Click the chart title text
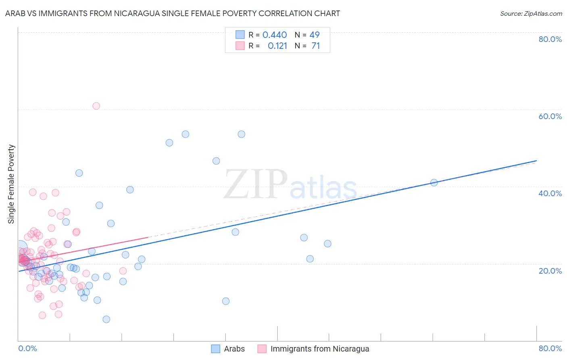coord(173,13)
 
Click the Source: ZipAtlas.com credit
coord(531,13)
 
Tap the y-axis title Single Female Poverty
coord(11,184)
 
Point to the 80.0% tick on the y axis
coord(550,39)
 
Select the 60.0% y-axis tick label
coord(550,116)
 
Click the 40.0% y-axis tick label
coord(550,193)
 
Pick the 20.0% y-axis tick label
coord(550,270)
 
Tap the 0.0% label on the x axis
coord(27,348)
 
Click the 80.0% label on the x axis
coord(550,348)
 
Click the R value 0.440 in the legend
coord(275,35)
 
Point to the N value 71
coord(315,46)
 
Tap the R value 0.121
coord(277,46)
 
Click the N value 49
coord(315,35)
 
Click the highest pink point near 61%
coord(96,106)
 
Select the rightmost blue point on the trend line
coord(434,182)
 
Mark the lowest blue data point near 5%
coord(106,319)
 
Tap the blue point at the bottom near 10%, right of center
coord(226,301)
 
